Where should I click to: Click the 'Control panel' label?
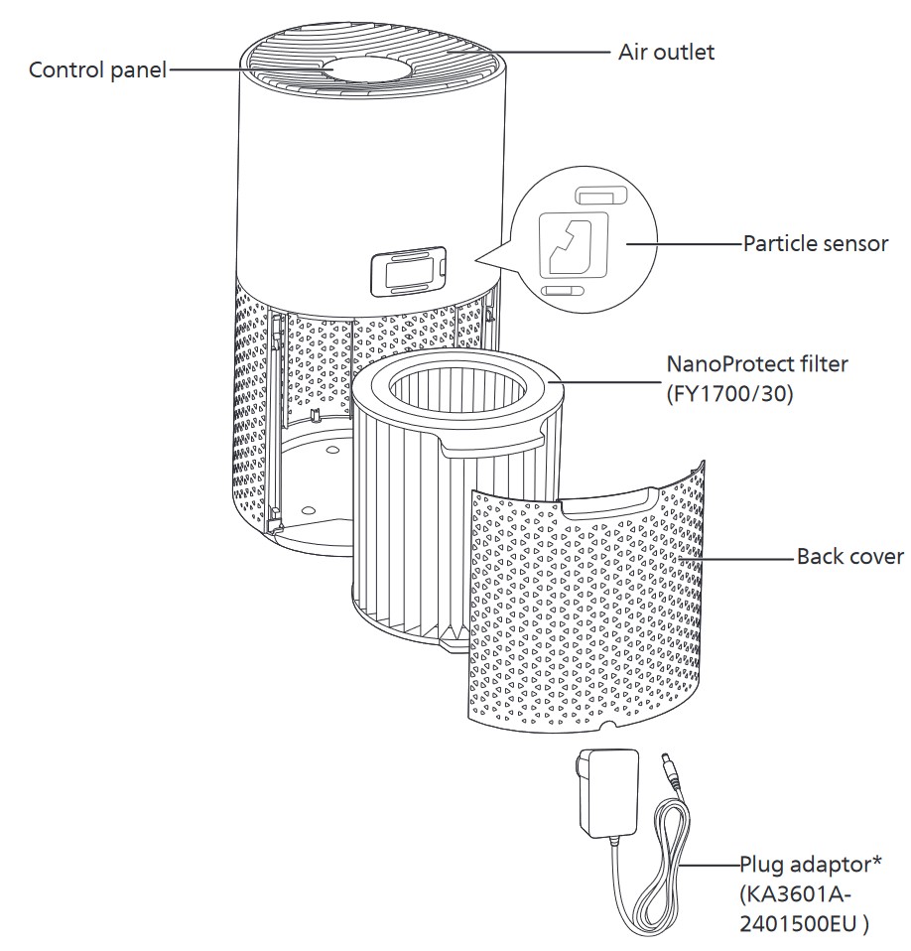pos(98,70)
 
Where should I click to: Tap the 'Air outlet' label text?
pos(666,52)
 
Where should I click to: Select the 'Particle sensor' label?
pos(816,243)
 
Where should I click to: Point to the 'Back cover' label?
pos(850,556)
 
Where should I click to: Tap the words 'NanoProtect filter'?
pos(758,364)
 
